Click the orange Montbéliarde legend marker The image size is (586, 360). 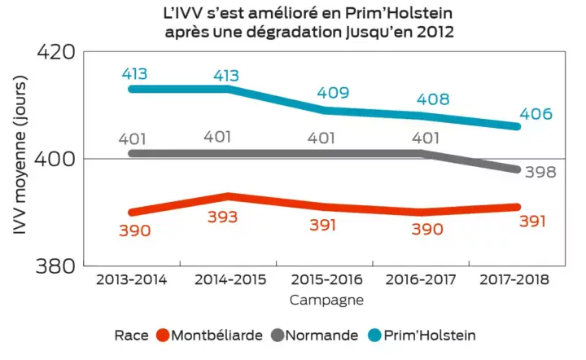pyautogui.click(x=163, y=335)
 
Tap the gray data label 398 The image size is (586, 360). pyautogui.click(x=538, y=173)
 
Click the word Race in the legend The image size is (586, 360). pyautogui.click(x=131, y=335)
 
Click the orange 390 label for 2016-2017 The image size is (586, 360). pyautogui.click(x=426, y=230)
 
